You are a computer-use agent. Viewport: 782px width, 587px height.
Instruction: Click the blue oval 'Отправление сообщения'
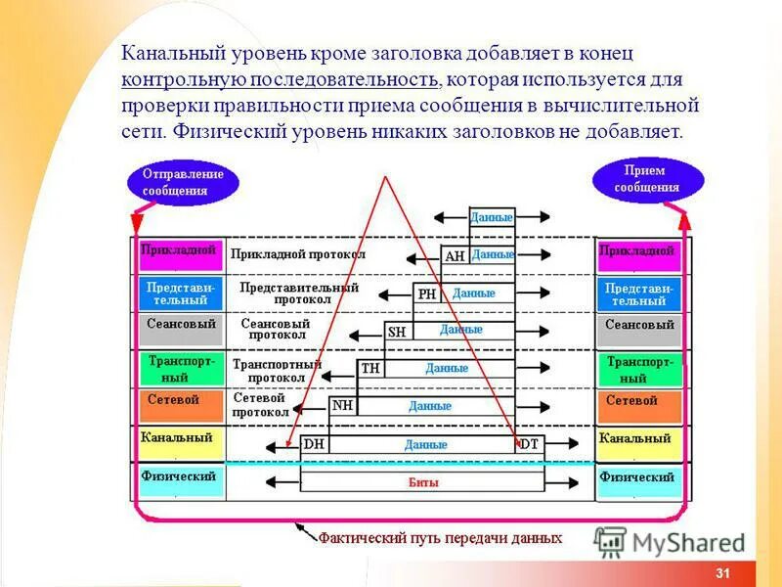pos(183,183)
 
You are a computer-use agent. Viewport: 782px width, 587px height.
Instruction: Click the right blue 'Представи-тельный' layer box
pos(639,293)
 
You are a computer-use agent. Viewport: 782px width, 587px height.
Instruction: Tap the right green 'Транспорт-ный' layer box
pos(639,368)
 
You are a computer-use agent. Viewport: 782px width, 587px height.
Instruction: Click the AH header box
pos(455,256)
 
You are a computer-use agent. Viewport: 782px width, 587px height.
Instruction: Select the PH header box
pos(427,293)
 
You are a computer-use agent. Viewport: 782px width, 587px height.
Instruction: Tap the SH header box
pos(398,332)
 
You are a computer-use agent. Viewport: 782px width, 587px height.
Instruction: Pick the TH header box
pos(370,369)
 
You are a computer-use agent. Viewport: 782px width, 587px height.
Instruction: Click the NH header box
pos(343,406)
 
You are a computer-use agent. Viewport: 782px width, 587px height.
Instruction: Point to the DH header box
pos(315,444)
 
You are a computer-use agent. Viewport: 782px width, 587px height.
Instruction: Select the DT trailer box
pos(529,444)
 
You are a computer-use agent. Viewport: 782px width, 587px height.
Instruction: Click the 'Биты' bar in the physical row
pos(422,481)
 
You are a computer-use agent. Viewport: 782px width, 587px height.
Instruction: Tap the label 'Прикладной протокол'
pos(298,254)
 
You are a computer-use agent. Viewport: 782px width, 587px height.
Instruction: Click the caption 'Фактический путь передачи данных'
pos(440,538)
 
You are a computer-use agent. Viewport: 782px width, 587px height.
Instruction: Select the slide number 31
pos(723,573)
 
